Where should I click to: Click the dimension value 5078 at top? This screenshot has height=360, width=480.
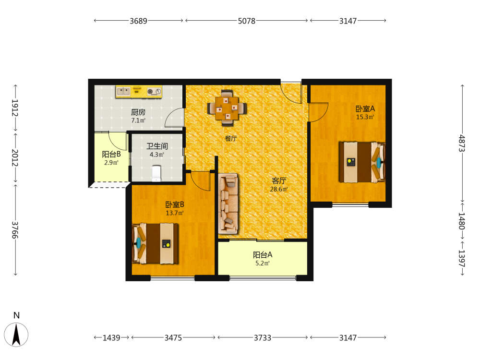coord(246,21)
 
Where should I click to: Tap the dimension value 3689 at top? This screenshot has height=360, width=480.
coord(138,21)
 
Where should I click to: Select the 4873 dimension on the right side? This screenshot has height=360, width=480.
coord(462,143)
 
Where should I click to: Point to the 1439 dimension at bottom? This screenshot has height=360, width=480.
coord(111,337)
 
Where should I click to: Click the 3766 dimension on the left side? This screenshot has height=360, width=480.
coord(15,230)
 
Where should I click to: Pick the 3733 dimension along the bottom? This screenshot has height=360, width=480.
coord(263,337)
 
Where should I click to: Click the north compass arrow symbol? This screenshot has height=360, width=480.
coord(16,335)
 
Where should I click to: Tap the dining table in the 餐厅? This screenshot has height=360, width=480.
coord(227,108)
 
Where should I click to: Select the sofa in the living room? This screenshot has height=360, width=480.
coord(228,204)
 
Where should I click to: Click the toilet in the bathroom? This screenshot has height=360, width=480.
coord(156,173)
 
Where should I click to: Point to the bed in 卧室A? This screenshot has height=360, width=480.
coord(362,162)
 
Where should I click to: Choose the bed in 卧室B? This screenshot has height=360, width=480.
coord(155,244)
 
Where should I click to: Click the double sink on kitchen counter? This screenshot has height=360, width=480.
coord(123,91)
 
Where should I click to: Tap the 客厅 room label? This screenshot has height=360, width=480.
coord(279,181)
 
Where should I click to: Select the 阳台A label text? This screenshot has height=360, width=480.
coord(263,255)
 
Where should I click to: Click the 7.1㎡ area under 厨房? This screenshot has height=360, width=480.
coord(138,120)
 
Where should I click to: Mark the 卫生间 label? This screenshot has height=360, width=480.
coord(157,146)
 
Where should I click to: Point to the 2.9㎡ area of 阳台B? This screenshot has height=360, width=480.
coord(111,163)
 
